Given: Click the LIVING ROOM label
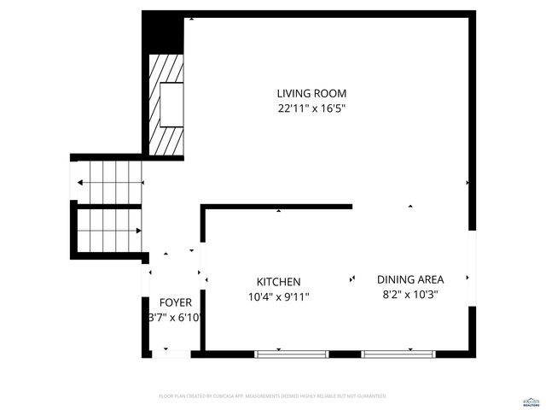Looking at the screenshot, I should coord(311,93).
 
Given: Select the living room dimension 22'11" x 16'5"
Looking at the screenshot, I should coord(311,108).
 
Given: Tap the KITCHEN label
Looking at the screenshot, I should coord(278,282).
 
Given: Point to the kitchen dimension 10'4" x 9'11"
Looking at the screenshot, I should coord(278,297).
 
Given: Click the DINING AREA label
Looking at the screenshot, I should coord(410,279).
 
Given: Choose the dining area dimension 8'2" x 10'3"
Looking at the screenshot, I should coord(410,295).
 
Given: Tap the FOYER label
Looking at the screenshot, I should coord(176,302).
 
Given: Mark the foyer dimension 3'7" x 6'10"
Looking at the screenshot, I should coord(176,318).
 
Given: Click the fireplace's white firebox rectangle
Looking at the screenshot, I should coord(171,103).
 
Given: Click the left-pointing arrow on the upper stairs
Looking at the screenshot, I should coord(79,183).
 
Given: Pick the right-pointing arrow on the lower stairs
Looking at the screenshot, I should coord(137,231).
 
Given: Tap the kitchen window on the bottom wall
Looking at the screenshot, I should coord(292,354).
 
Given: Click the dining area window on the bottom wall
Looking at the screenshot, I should coord(399,354).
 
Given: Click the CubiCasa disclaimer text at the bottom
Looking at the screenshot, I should coord(273,396).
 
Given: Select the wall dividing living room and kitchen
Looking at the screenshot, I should coord(277,206).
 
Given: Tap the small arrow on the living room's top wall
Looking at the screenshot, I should coord(191,17).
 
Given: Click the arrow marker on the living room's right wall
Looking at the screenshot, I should coord(467,182).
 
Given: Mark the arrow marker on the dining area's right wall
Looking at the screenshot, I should coord(467,278).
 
